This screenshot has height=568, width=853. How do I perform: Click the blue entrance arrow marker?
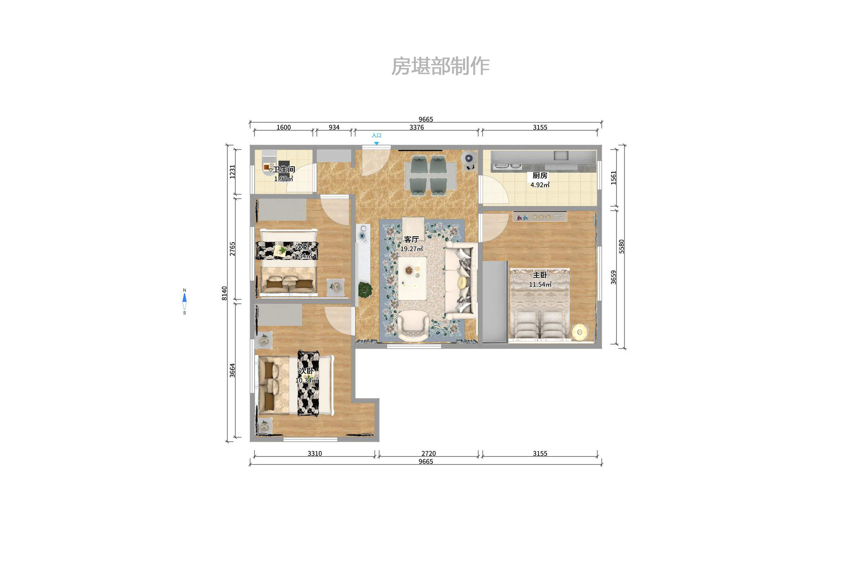(x=376, y=143)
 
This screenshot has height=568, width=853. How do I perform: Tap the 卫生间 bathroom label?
(x=284, y=169)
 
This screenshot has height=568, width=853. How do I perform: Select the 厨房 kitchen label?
(x=540, y=175)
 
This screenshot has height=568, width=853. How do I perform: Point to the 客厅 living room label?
(x=411, y=239)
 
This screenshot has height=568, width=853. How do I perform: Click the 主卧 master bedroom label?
(x=540, y=275)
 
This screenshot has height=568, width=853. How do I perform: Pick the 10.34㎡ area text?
(x=306, y=381)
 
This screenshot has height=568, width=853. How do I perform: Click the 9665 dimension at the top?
(x=426, y=119)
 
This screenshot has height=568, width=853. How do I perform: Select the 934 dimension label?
(x=334, y=127)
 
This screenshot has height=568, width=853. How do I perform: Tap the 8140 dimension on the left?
(x=225, y=293)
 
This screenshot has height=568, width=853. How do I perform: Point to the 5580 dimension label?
(x=622, y=246)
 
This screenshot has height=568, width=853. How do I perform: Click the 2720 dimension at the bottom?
(x=428, y=453)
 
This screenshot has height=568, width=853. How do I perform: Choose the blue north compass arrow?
(x=185, y=298)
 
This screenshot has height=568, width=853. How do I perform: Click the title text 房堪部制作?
(x=440, y=66)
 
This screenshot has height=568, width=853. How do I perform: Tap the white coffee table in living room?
(x=412, y=278)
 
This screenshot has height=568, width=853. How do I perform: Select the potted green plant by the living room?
(x=365, y=289)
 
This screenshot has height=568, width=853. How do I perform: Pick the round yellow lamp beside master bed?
(x=580, y=332)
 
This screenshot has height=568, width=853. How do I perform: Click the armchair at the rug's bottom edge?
(x=413, y=326)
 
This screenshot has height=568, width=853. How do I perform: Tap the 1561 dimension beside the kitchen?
(x=614, y=177)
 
